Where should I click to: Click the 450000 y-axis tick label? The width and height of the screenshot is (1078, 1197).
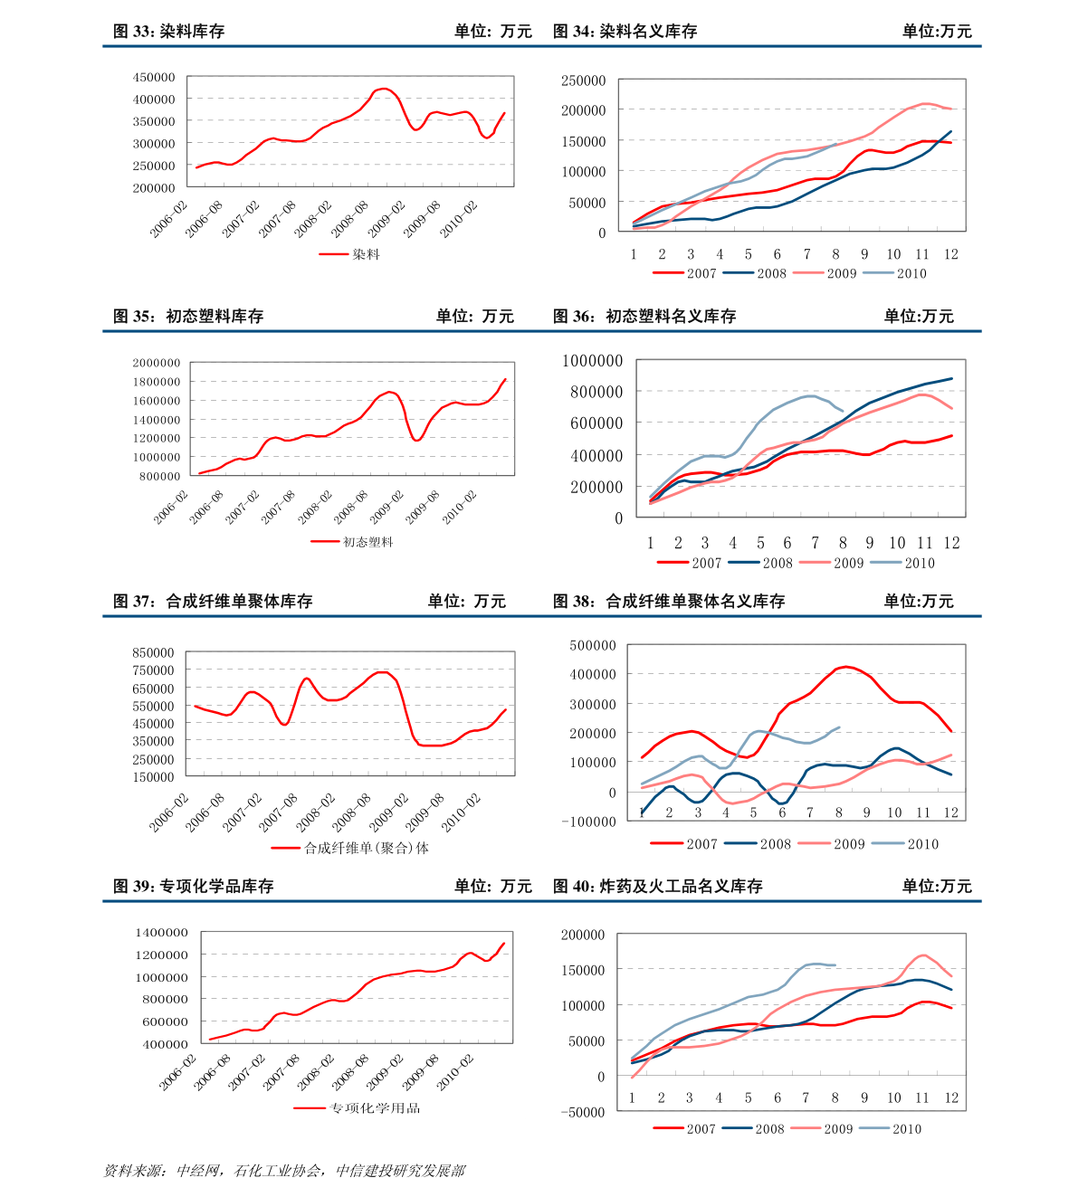(154, 78)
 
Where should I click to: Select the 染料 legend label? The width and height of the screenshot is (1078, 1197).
(366, 254)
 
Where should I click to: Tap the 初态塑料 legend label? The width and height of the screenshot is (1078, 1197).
(368, 542)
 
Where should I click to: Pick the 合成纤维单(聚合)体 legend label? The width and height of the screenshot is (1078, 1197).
(366, 848)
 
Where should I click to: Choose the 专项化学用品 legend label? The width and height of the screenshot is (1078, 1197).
(375, 1108)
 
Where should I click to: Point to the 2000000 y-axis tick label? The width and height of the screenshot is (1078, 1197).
(156, 364)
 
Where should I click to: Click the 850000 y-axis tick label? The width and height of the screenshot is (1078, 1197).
(152, 652)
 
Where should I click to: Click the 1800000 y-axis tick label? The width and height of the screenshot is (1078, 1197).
(156, 382)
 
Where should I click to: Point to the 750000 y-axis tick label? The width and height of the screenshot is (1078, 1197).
(152, 670)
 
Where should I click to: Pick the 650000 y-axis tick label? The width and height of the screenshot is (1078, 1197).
(152, 688)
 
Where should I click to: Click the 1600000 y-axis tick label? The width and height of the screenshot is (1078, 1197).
(156, 401)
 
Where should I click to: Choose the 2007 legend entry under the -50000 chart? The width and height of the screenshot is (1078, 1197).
(701, 1128)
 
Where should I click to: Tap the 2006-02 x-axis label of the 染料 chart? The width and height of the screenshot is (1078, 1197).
(167, 220)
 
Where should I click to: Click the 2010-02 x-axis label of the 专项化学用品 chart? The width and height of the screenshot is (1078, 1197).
(457, 1071)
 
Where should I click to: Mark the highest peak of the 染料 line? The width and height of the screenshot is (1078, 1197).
(384, 89)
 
